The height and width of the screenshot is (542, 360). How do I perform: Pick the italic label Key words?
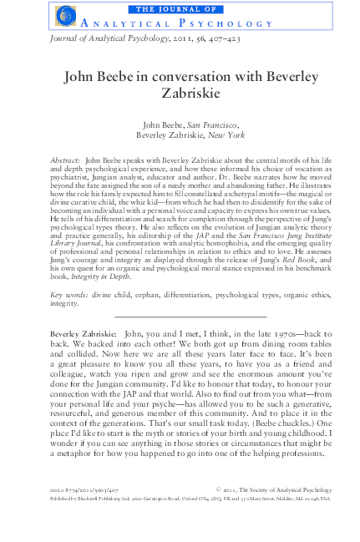pos(68,272)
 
